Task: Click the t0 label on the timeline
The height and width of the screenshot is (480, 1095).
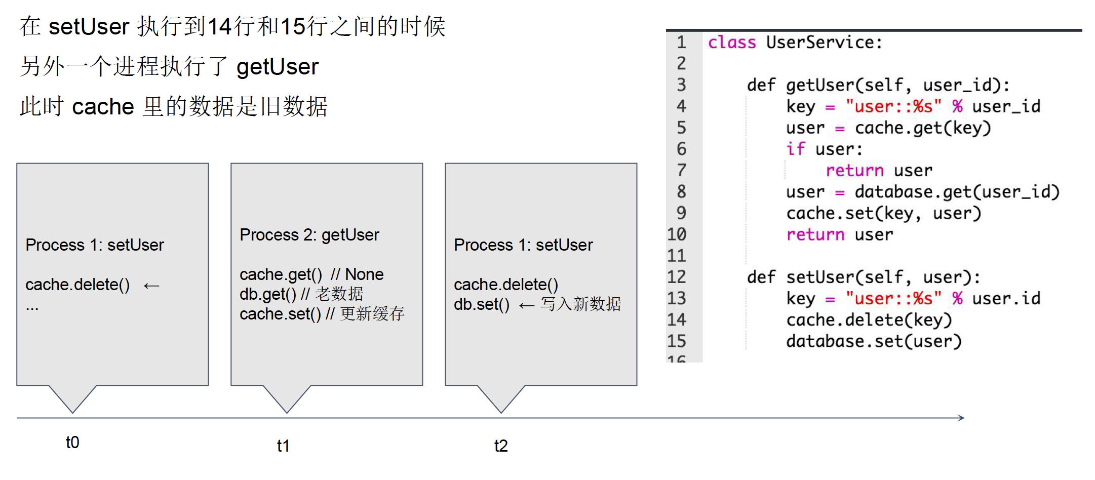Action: [72, 442]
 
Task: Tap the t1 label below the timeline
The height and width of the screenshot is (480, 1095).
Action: [283, 446]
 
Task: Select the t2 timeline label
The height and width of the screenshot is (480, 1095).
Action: [501, 446]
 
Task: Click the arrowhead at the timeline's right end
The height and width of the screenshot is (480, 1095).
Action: [961, 418]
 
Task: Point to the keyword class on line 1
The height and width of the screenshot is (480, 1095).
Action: [732, 43]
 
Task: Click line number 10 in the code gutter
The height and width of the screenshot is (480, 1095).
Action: [677, 234]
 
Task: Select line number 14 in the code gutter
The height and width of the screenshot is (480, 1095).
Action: [677, 320]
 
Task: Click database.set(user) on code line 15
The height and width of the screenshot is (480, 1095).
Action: [874, 341]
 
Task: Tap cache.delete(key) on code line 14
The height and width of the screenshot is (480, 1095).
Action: [869, 320]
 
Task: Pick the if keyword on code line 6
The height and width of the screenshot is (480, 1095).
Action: [796, 149]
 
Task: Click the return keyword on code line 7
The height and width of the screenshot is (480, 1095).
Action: [854, 171]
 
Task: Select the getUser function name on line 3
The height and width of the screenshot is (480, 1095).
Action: [820, 85]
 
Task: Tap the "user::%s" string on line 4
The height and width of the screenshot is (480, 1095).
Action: [893, 106]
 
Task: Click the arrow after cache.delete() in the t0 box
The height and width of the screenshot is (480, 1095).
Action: [151, 286]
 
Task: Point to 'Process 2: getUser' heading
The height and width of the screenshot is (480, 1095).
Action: [309, 235]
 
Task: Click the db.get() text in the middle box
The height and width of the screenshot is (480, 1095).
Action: [268, 294]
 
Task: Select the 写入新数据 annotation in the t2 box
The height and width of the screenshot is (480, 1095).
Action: [580, 304]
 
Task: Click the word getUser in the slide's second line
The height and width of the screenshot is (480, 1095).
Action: [278, 67]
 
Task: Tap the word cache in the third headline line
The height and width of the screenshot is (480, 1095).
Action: [103, 107]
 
